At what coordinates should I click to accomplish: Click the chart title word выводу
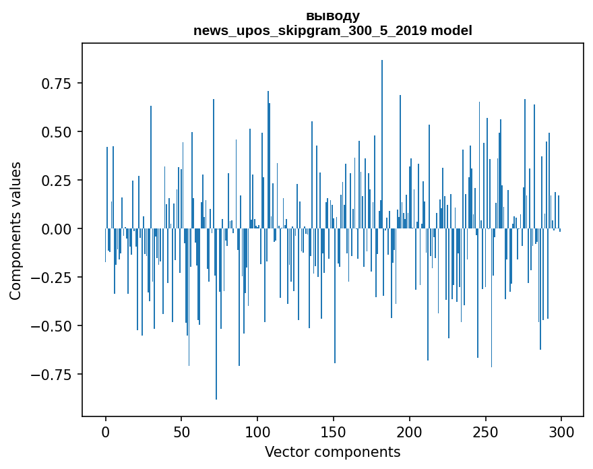click(332, 16)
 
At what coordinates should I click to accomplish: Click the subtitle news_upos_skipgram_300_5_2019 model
click(332, 30)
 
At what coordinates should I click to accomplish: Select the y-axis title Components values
click(15, 230)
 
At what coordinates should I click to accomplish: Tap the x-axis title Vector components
click(332, 451)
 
